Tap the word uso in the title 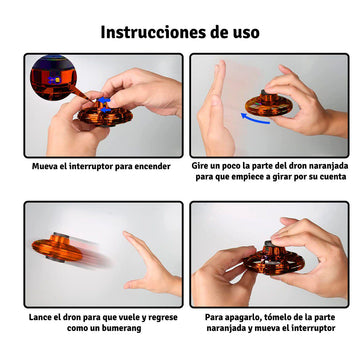click(246, 33)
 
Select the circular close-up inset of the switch click(54, 78)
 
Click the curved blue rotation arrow click(255, 118)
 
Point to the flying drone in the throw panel click(57, 248)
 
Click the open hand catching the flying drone click(150, 263)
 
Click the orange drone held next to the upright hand click(267, 104)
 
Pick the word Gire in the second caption click(199, 166)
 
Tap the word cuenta click(333, 177)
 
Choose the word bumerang click(123, 328)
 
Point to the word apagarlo click(237, 317)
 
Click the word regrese click(163, 318)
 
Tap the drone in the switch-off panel click(273, 259)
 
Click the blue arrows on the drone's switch click(104, 104)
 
